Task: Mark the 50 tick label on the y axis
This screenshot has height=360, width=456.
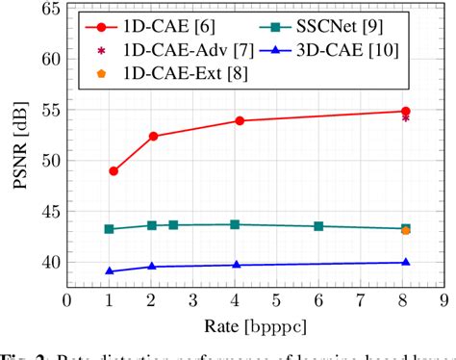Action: [x=46, y=160]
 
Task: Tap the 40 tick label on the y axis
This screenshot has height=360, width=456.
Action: [x=46, y=262]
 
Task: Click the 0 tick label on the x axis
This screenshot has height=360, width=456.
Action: [x=66, y=301]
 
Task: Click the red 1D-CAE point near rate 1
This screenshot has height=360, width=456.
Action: [x=114, y=170]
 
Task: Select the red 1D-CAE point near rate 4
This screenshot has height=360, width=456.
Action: [x=240, y=120]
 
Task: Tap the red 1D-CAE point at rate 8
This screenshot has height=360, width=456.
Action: [x=406, y=111]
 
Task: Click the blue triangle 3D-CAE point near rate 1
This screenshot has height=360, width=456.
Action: [x=109, y=270]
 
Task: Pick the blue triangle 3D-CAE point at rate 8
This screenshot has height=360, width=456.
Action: [x=406, y=262]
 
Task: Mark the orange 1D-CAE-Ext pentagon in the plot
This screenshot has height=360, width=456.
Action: [x=406, y=230]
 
